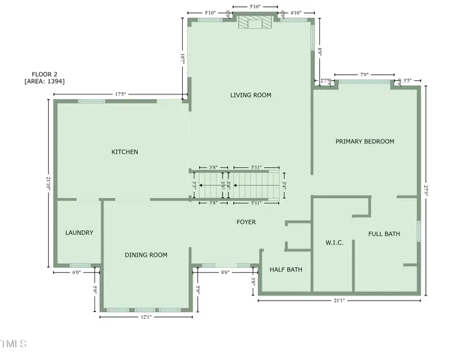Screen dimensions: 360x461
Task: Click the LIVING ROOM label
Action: coord(250,95)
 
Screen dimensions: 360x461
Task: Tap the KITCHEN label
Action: coord(124,152)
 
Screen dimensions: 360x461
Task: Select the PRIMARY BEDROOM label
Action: coord(364,141)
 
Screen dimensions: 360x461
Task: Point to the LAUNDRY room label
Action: coord(79,232)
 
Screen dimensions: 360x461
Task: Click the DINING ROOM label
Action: coord(145,255)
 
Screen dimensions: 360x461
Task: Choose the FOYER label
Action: coord(246,222)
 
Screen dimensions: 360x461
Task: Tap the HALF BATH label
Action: coord(286,270)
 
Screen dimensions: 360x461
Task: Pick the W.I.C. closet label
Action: coord(334,243)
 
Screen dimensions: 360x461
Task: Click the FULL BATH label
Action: coord(384,234)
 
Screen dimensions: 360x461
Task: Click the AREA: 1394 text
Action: coord(44,80)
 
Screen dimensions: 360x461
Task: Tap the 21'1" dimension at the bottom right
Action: coord(339,301)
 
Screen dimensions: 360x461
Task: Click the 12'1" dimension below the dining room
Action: coord(145,316)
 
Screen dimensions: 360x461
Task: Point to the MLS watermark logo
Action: coord(13,344)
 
